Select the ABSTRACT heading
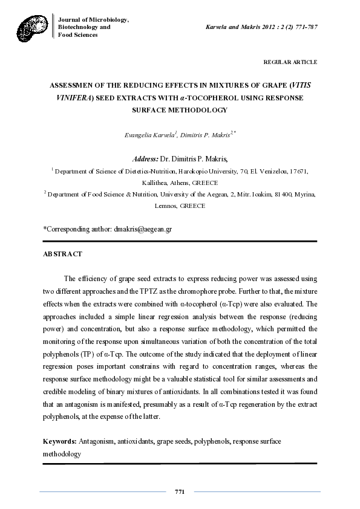62,254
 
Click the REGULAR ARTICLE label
290,62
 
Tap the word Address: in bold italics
145,159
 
